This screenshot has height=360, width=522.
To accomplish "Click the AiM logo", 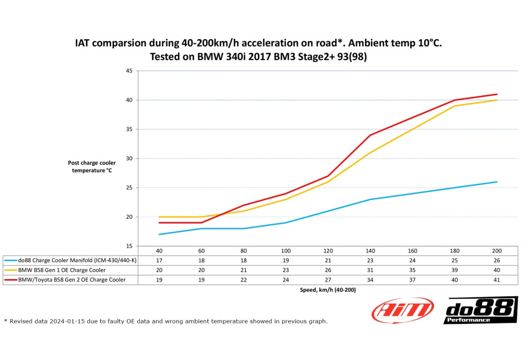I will tap(402, 310).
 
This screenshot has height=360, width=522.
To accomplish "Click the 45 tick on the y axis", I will tap(128, 70).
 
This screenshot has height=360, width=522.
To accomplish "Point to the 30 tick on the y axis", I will tap(128, 158).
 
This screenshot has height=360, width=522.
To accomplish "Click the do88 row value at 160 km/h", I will tap(412, 260).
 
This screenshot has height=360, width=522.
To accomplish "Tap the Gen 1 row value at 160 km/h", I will tap(412, 270).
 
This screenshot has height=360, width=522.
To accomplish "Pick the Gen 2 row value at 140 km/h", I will tap(370, 280).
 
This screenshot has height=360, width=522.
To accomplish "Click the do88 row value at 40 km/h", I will tap(159, 260).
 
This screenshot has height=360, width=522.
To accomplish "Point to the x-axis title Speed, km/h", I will tap(328, 290).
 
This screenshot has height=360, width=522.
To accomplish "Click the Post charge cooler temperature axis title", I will tap(92, 166).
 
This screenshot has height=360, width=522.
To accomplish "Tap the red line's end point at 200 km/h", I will tap(496, 94).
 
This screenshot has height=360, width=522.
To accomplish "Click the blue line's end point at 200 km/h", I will tap(496, 182).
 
